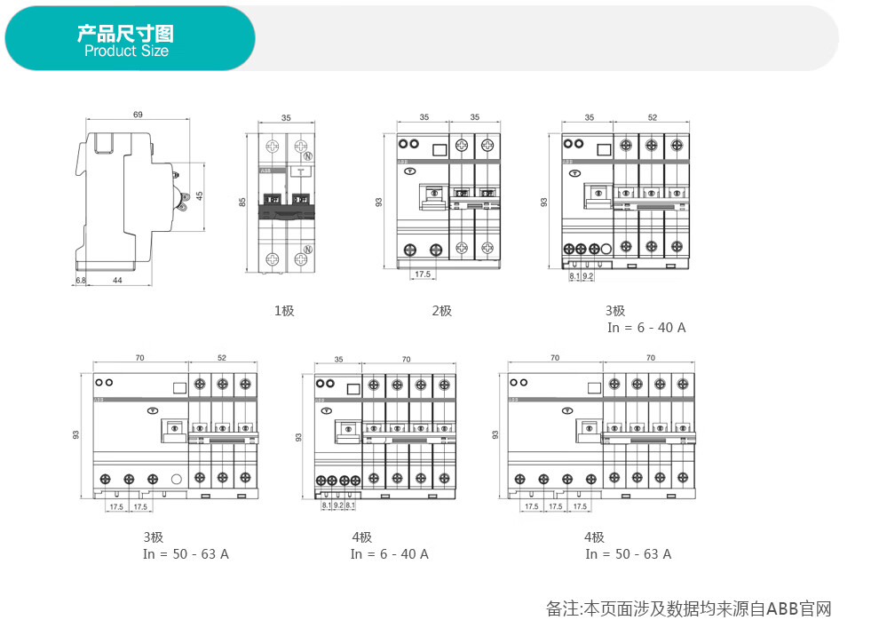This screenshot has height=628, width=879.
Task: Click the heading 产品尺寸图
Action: point(125,34)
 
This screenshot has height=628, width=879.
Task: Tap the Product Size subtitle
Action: point(126,52)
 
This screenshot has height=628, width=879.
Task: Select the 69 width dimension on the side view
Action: point(138,115)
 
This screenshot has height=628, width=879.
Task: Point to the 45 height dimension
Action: point(200,195)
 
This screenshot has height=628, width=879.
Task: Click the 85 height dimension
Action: point(242,203)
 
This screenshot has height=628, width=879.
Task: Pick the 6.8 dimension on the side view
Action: point(80,281)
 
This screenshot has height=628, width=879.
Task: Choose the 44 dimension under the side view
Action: point(117,281)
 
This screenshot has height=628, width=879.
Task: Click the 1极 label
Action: point(284,311)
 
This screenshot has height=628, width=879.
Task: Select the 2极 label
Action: point(442,311)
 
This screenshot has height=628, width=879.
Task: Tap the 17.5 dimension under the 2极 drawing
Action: point(422,274)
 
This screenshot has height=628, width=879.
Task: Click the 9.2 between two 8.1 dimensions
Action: point(338,505)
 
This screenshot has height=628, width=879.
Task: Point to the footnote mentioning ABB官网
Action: point(688,608)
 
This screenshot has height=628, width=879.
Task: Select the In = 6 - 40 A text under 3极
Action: point(646,328)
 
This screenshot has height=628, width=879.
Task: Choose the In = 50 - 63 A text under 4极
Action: point(628,554)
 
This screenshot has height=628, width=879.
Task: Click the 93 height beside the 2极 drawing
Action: point(379,202)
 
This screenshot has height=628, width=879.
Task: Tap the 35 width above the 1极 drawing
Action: point(286,117)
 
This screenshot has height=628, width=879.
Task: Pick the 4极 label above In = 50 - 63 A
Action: point(594,537)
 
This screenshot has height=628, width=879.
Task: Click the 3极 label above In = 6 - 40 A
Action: point(615,311)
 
